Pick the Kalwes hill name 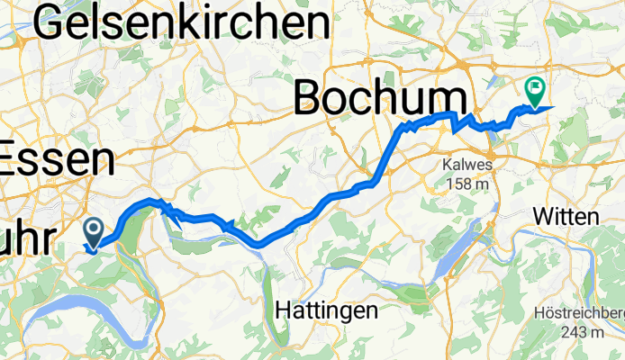(x=465, y=166)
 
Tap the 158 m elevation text (x=466, y=184)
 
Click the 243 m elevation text (x=582, y=333)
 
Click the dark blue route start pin (x=93, y=232)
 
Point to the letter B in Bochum (x=312, y=96)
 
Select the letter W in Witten (x=542, y=217)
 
